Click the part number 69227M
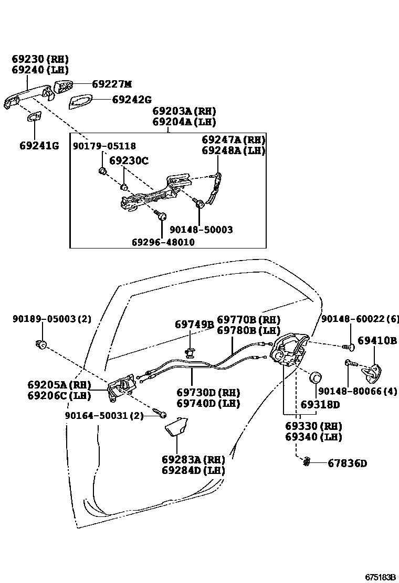pyautogui.click(x=112, y=84)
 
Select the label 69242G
pyautogui.click(x=131, y=99)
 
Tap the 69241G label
pyautogui.click(x=39, y=145)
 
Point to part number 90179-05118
pyautogui.click(x=104, y=146)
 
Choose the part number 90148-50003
pyautogui.click(x=201, y=230)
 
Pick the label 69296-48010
pyautogui.click(x=163, y=242)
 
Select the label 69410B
pyautogui.click(x=377, y=341)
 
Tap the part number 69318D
pyautogui.click(x=320, y=405)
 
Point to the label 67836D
pyautogui.click(x=348, y=463)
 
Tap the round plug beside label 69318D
pyautogui.click(x=316, y=377)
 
